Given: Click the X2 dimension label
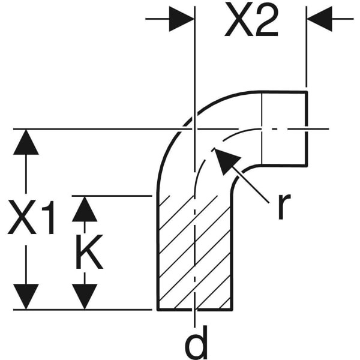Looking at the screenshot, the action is (251, 20).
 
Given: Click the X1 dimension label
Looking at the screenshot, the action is (31, 217).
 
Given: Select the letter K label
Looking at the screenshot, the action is (89, 251).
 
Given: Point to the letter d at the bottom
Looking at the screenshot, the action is (196, 341).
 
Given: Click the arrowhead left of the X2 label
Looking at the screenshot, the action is (182, 19).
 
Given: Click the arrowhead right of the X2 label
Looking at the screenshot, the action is (320, 19).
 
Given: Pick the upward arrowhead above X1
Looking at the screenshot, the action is (26, 142).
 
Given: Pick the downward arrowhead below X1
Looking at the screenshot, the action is (26, 296).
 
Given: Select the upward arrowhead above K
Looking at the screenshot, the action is (85, 209).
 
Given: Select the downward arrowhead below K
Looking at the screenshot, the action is (85, 296).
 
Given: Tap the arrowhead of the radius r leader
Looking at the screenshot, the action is (225, 160).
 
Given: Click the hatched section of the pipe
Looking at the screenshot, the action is (195, 253).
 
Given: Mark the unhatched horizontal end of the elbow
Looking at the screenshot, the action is (284, 128).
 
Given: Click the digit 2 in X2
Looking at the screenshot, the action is (266, 20).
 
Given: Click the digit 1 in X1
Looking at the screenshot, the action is (49, 217).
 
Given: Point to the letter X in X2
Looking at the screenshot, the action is (238, 20).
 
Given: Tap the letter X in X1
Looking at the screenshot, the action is (22, 217).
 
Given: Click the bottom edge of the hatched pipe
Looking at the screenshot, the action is (195, 310).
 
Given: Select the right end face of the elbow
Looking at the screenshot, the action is (306, 128).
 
